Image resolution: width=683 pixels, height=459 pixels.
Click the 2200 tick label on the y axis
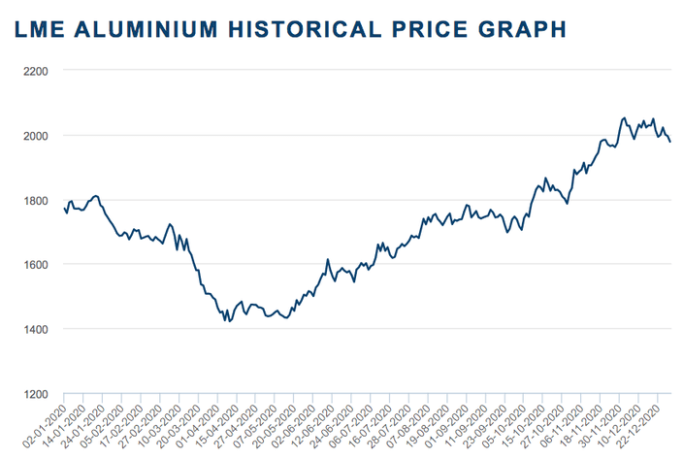point(36,71)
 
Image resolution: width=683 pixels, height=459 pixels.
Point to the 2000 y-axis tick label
point(36,135)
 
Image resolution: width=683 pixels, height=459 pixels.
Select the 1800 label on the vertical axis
point(36,200)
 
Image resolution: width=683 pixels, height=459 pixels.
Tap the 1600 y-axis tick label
point(36,265)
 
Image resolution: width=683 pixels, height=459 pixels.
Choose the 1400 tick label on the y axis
point(36,330)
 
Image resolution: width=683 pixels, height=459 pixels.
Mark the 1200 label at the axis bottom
point(36,394)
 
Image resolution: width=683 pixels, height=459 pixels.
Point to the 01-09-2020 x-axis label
point(460,425)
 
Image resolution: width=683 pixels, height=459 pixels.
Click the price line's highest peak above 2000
point(624,118)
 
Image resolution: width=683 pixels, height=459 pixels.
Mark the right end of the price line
point(670,142)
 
